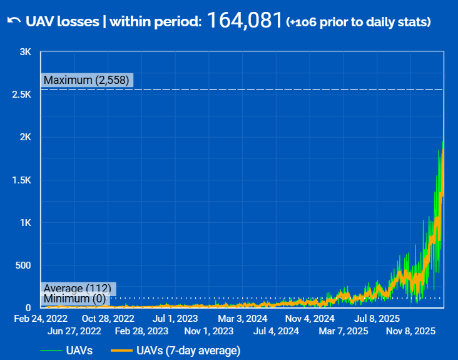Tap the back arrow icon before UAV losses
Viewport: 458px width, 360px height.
coord(14,21)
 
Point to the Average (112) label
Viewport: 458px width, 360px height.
coord(77,288)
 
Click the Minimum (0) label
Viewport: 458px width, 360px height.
coord(74,299)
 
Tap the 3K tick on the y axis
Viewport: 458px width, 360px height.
coord(25,52)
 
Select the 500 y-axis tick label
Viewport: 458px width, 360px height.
coord(23,265)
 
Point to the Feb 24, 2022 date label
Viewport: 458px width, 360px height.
coord(41,318)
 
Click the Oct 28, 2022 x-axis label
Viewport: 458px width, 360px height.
coord(108,318)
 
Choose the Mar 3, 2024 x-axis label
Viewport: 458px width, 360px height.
coord(243,318)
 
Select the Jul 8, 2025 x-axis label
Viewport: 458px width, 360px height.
coord(377,318)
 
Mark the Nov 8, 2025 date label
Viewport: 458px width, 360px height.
coord(410,331)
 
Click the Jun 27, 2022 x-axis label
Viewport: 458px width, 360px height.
coord(74,331)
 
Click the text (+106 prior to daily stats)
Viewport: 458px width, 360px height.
coord(358,23)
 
